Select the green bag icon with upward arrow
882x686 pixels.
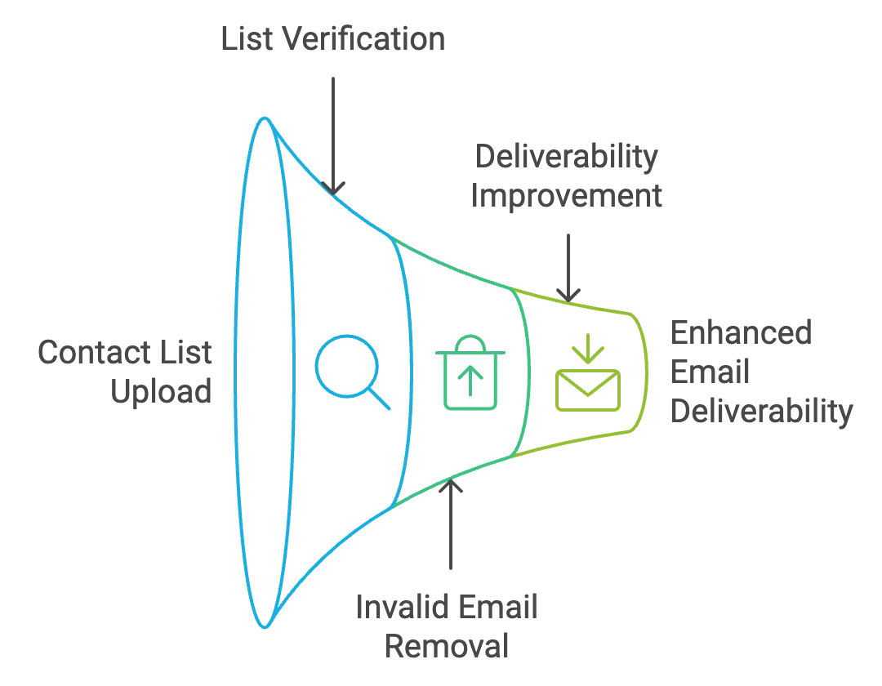[471, 375]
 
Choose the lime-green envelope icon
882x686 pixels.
[588, 388]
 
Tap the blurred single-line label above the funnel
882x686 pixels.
[333, 38]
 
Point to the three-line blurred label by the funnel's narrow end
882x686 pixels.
[759, 372]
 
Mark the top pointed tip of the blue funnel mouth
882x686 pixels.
[264, 119]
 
